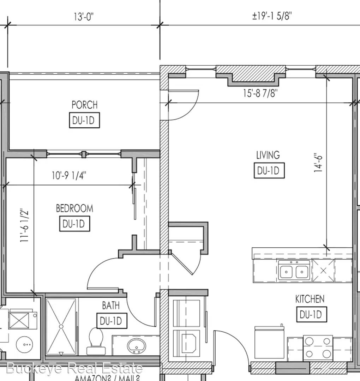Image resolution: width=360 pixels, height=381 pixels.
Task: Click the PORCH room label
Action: point(84,105)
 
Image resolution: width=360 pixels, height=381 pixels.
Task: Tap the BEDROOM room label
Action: point(74,208)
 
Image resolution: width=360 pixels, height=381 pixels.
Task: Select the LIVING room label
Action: point(268,155)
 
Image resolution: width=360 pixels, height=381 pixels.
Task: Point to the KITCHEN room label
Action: point(310,299)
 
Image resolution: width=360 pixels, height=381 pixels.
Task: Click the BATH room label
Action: point(111,305)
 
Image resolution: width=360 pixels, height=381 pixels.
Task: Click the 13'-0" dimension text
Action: point(84,17)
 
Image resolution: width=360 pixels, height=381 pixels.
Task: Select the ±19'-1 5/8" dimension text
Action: point(272,17)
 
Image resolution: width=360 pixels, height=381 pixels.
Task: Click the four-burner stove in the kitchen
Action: point(318,347)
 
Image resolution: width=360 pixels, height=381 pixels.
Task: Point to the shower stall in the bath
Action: point(61,326)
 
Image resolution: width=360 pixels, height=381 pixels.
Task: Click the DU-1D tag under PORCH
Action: point(84,121)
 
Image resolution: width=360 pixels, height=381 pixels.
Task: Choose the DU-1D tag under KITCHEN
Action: point(311,314)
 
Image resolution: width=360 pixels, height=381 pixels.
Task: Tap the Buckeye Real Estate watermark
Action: point(74,369)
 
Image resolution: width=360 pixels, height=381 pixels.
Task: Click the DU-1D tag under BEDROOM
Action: point(74,224)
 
